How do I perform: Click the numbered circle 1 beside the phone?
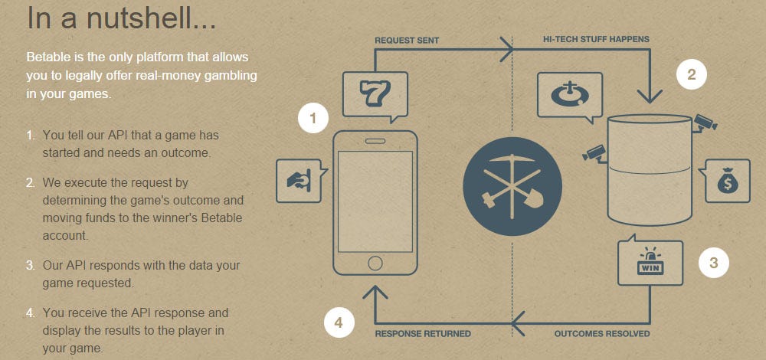(313, 118)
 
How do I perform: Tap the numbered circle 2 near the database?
(691, 74)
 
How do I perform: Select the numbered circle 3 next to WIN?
(713, 263)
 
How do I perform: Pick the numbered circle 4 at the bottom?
(339, 323)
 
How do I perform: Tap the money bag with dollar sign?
(728, 181)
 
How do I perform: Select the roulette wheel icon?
(569, 95)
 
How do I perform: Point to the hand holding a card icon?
(298, 182)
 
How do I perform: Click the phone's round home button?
(375, 263)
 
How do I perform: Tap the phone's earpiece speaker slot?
(375, 141)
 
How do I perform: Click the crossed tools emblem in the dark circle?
(512, 187)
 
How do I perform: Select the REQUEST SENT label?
(407, 41)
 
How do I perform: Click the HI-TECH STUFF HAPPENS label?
(596, 39)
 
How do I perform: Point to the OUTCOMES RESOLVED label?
(602, 334)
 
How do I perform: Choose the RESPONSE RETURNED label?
(423, 334)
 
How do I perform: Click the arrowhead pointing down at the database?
(650, 95)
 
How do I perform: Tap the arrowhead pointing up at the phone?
(375, 292)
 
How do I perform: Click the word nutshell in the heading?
(151, 18)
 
